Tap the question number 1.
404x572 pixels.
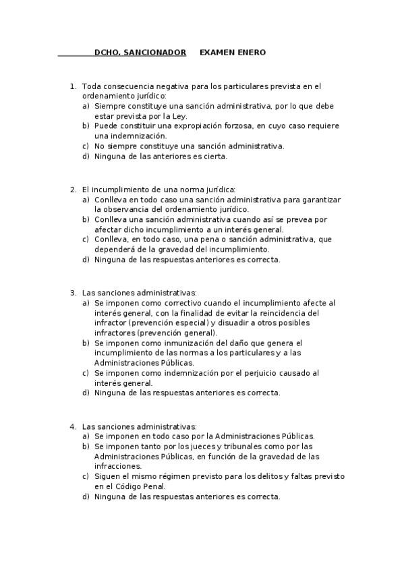72,86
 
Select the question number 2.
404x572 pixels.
72,190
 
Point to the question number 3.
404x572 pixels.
72,293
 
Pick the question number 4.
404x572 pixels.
72,426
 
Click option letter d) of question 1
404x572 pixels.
86,156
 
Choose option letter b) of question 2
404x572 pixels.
86,219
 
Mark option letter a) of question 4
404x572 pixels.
86,436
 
